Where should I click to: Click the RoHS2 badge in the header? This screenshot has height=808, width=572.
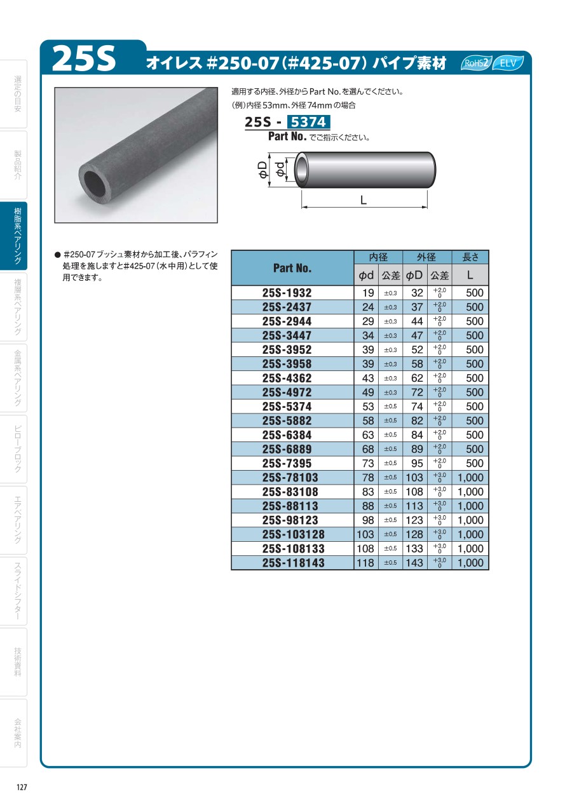[x=475, y=63]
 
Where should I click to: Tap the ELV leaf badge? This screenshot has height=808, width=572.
[x=508, y=63]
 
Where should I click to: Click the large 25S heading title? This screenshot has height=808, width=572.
[x=85, y=59]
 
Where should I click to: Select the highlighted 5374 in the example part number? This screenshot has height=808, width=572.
[x=308, y=123]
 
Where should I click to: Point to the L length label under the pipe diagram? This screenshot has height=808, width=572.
[x=363, y=200]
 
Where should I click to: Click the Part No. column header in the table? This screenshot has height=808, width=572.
[x=292, y=268]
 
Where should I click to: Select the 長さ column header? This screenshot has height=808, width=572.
[x=470, y=257]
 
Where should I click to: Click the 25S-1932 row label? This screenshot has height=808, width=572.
[x=287, y=293]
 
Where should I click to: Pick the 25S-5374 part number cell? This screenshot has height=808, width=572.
[x=287, y=407]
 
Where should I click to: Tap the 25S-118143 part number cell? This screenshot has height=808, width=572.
[x=293, y=563]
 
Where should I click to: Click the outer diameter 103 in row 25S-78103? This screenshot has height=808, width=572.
[x=414, y=478]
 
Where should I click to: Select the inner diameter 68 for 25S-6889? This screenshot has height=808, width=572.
[x=368, y=449]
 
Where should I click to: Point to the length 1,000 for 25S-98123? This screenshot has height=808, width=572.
[x=470, y=520]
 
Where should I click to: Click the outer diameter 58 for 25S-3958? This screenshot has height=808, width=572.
[x=417, y=364]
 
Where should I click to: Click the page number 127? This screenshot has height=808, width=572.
[x=22, y=787]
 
